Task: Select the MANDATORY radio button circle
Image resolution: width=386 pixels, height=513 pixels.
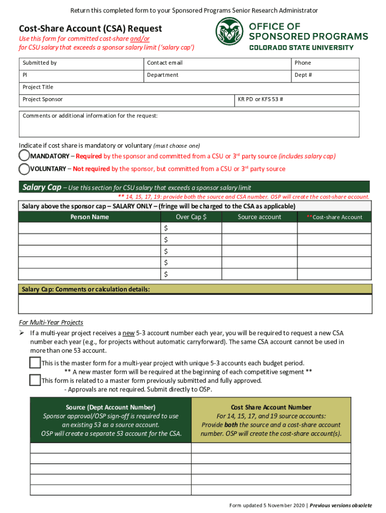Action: coord(24,156)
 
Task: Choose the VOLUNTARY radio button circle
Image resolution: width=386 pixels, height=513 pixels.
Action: coord(24,169)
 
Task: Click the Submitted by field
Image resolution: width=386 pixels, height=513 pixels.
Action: coord(81,64)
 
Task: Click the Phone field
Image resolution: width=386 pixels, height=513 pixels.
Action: coord(325,64)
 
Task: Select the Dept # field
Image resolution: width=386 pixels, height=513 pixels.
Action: coord(325,76)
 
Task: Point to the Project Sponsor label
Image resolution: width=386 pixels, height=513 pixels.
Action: coord(43,99)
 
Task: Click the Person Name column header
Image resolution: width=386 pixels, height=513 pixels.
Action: coord(89,217)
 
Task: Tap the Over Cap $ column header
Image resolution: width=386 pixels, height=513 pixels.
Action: coord(191,217)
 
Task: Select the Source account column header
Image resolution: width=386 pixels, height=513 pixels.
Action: coord(259,217)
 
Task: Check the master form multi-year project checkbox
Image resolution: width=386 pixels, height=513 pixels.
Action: coord(35,363)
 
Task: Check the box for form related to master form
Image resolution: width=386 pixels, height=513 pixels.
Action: coord(35,380)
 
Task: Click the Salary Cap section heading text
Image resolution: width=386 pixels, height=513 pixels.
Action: coord(42,187)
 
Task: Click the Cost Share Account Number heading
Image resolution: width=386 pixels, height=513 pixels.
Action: coord(271,407)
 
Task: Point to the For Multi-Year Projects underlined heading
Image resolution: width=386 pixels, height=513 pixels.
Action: coord(51,322)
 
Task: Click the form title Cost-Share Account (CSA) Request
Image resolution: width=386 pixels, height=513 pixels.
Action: coord(90,29)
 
